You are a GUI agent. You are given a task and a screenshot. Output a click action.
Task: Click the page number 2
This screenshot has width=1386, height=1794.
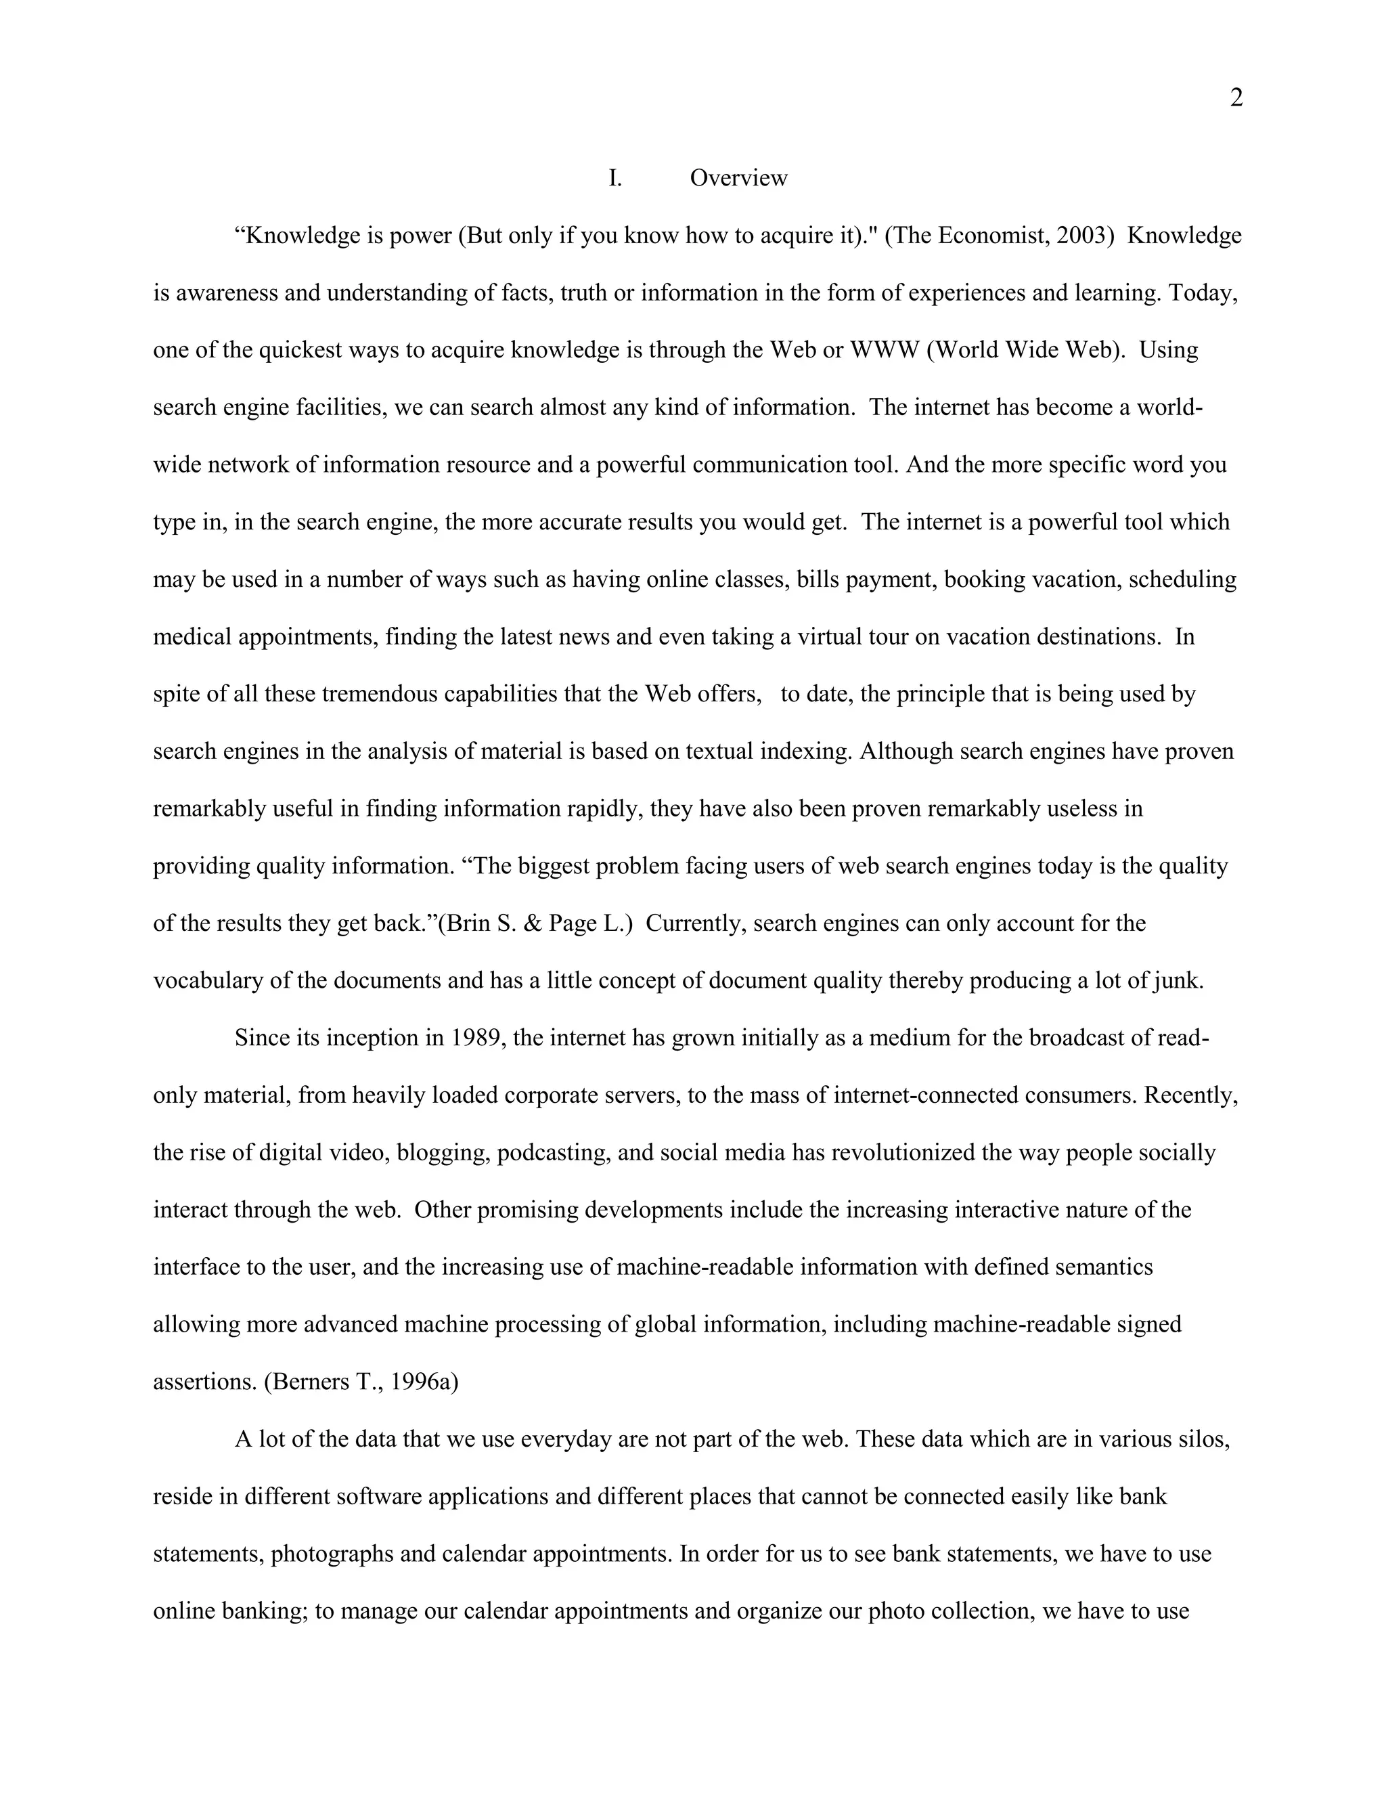pos(1236,99)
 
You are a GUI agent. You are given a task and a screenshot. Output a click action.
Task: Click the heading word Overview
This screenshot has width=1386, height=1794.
pos(738,178)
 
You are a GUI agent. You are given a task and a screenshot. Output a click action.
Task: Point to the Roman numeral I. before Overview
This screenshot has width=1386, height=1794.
pos(615,178)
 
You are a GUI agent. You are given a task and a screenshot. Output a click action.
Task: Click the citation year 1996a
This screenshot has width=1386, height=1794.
pos(424,1382)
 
